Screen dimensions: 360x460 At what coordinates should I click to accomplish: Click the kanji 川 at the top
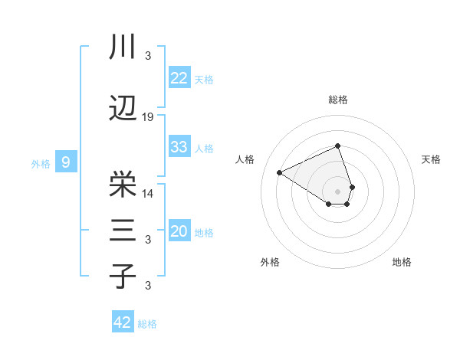123,47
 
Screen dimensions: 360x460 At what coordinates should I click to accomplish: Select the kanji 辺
123,109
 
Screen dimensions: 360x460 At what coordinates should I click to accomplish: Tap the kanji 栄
123,184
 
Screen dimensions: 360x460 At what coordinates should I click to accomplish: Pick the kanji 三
123,231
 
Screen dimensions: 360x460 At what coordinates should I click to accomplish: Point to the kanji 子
123,276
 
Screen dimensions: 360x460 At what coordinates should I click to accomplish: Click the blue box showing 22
179,78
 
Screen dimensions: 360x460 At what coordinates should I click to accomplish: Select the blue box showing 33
179,147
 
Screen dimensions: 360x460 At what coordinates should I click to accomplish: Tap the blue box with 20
179,231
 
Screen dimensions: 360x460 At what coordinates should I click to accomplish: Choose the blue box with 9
66,162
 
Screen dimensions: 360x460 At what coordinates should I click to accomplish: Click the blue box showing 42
123,322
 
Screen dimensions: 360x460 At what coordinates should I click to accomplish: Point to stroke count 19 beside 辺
148,117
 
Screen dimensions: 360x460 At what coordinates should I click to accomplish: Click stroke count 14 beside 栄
148,193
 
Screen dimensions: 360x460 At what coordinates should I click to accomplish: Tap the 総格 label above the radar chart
338,100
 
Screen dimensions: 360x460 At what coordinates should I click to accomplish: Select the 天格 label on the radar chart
431,159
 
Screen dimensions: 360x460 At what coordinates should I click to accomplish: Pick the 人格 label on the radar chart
245,159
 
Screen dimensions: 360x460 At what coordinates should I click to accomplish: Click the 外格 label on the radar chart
269,262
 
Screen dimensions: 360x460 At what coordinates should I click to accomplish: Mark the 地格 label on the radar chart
402,262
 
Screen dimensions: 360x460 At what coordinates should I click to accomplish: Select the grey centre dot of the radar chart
338,190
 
